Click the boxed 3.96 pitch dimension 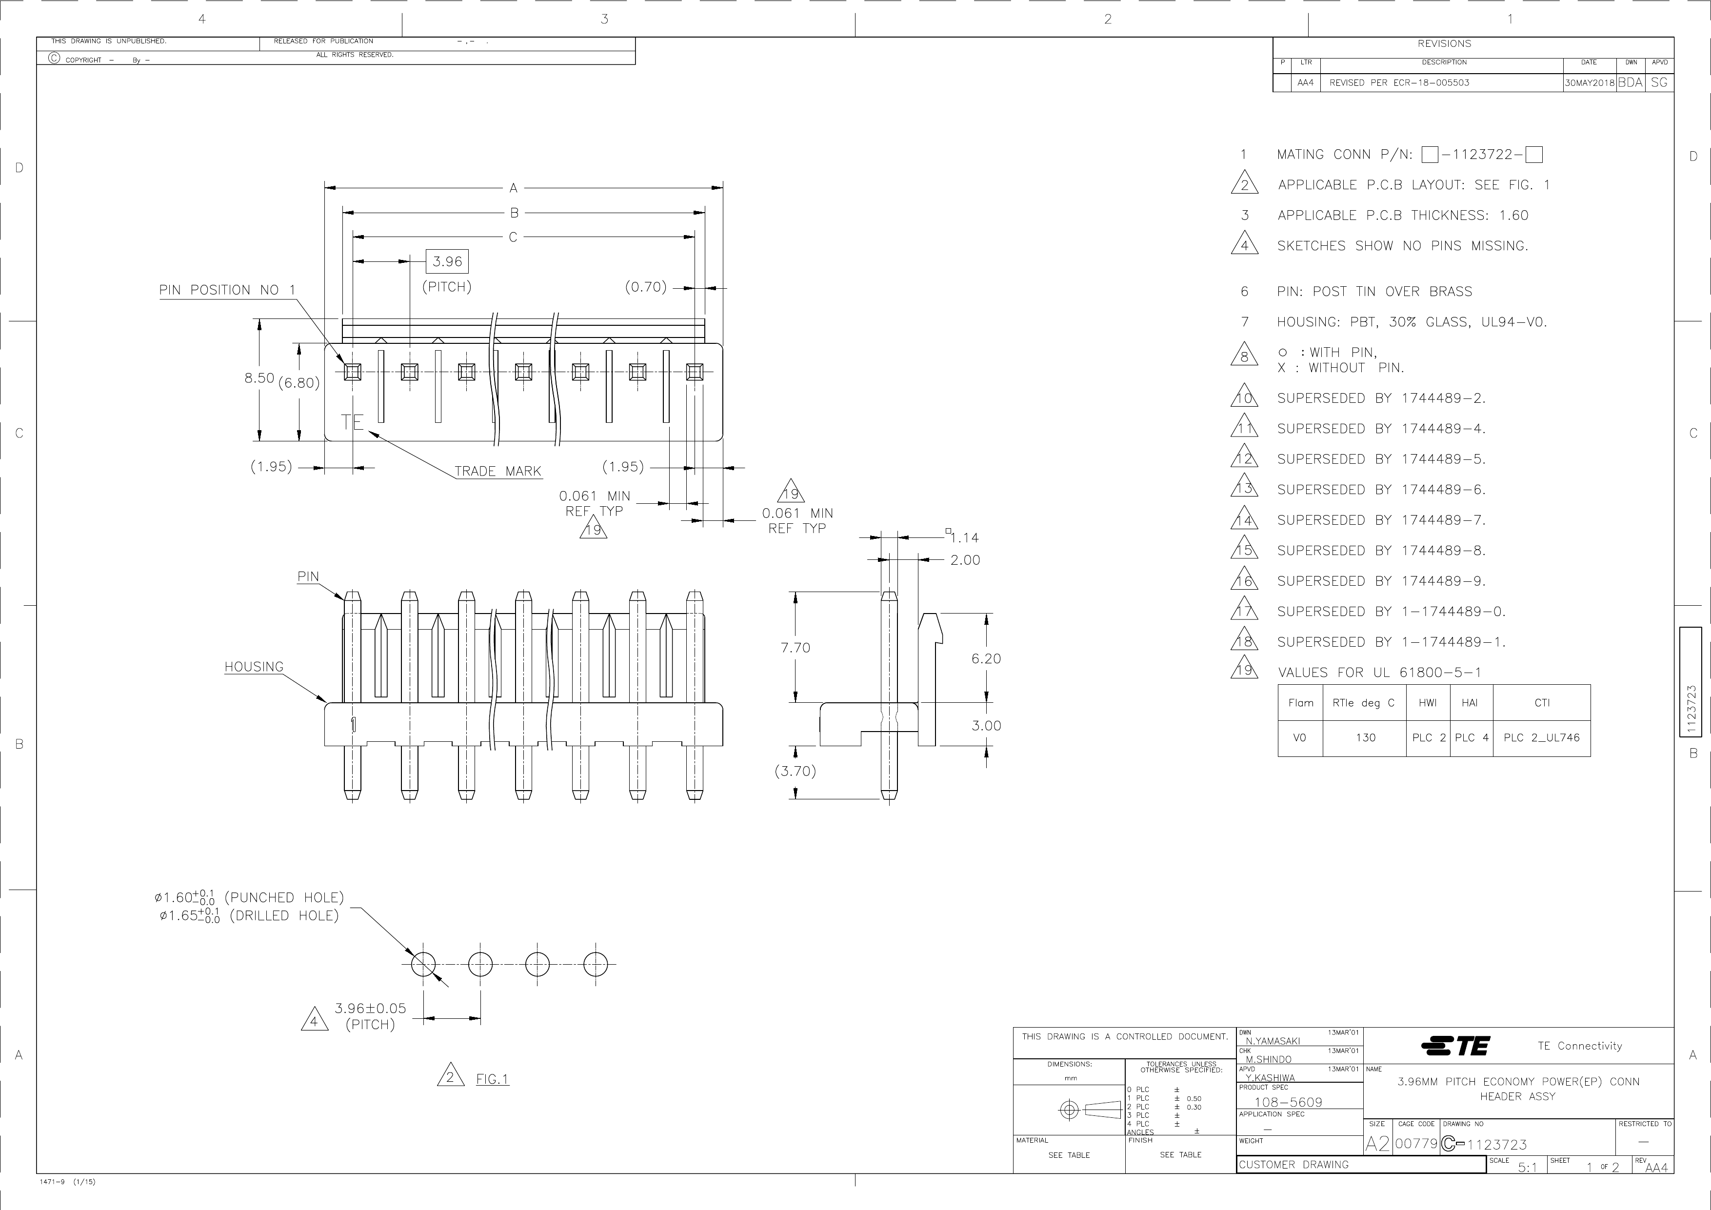click(447, 261)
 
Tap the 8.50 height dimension click(259, 378)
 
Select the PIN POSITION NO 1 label click(227, 290)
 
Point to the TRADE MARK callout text click(498, 471)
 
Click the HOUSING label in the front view click(254, 667)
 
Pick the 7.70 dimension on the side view click(795, 648)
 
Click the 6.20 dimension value click(986, 658)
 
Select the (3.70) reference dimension click(795, 771)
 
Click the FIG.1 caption click(493, 1079)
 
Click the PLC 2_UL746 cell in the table click(1542, 737)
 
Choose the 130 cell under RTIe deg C click(1365, 737)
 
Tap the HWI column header click(1428, 703)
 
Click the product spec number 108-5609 click(1289, 1102)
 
